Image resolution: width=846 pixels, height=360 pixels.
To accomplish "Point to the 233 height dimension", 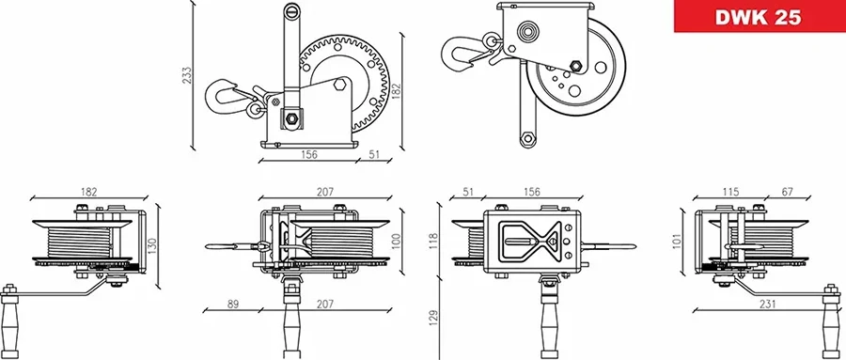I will (186, 72).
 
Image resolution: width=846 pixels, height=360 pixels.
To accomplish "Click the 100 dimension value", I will (397, 239).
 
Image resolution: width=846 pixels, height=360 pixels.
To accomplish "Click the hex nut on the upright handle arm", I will (290, 119).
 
